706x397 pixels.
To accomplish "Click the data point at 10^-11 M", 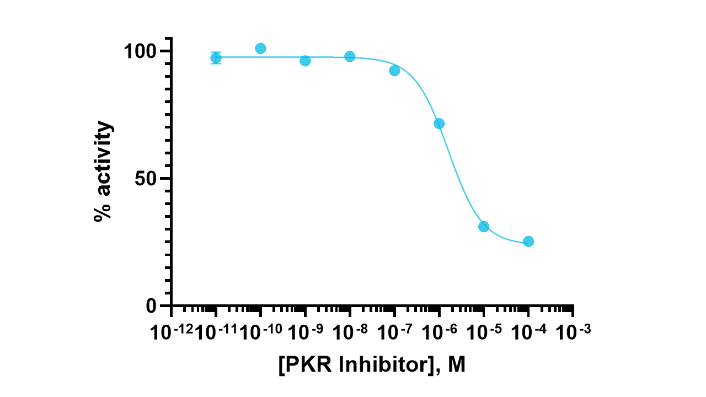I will [x=216, y=58].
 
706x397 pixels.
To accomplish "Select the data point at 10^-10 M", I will [x=260, y=49].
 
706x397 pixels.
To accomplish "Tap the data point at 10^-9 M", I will [x=305, y=61].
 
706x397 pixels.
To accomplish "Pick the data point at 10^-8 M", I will [x=350, y=56].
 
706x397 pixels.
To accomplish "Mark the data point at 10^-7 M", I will [x=394, y=71].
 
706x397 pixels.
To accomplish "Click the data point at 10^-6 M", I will [x=439, y=124].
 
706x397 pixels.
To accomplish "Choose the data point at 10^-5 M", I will [x=484, y=227].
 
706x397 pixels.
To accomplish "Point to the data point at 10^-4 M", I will [x=528, y=241].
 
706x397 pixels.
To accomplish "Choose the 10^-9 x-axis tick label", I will [x=306, y=332].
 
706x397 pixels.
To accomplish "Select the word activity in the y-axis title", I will [x=103, y=157].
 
